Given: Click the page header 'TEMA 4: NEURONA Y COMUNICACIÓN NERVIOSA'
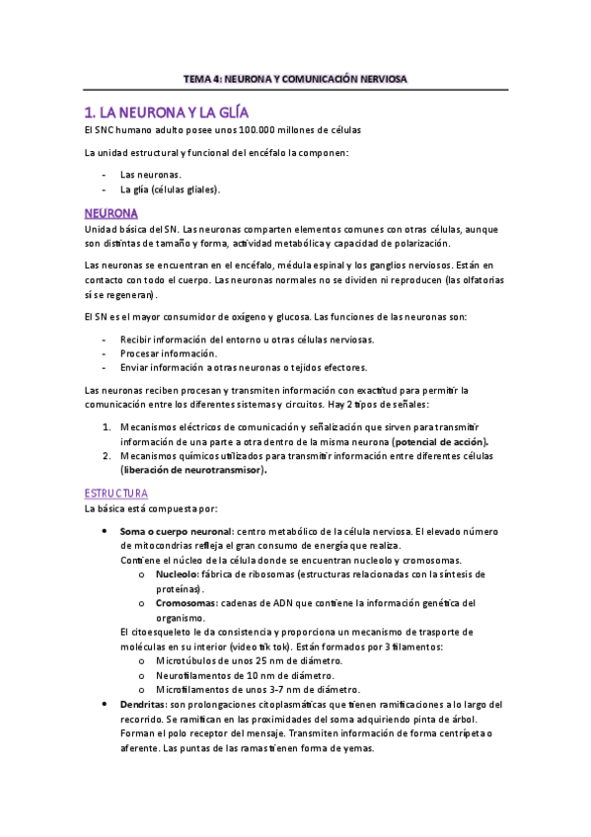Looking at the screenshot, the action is (x=295, y=78).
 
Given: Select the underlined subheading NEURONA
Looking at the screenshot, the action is (x=111, y=213).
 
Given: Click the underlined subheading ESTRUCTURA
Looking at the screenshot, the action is (x=116, y=493).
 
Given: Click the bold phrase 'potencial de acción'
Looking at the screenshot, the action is (x=440, y=441).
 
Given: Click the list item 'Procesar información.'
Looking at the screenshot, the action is (x=169, y=352).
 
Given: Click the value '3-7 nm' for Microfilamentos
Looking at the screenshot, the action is (x=264, y=689).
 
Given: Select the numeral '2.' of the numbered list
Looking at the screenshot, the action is (x=108, y=456).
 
